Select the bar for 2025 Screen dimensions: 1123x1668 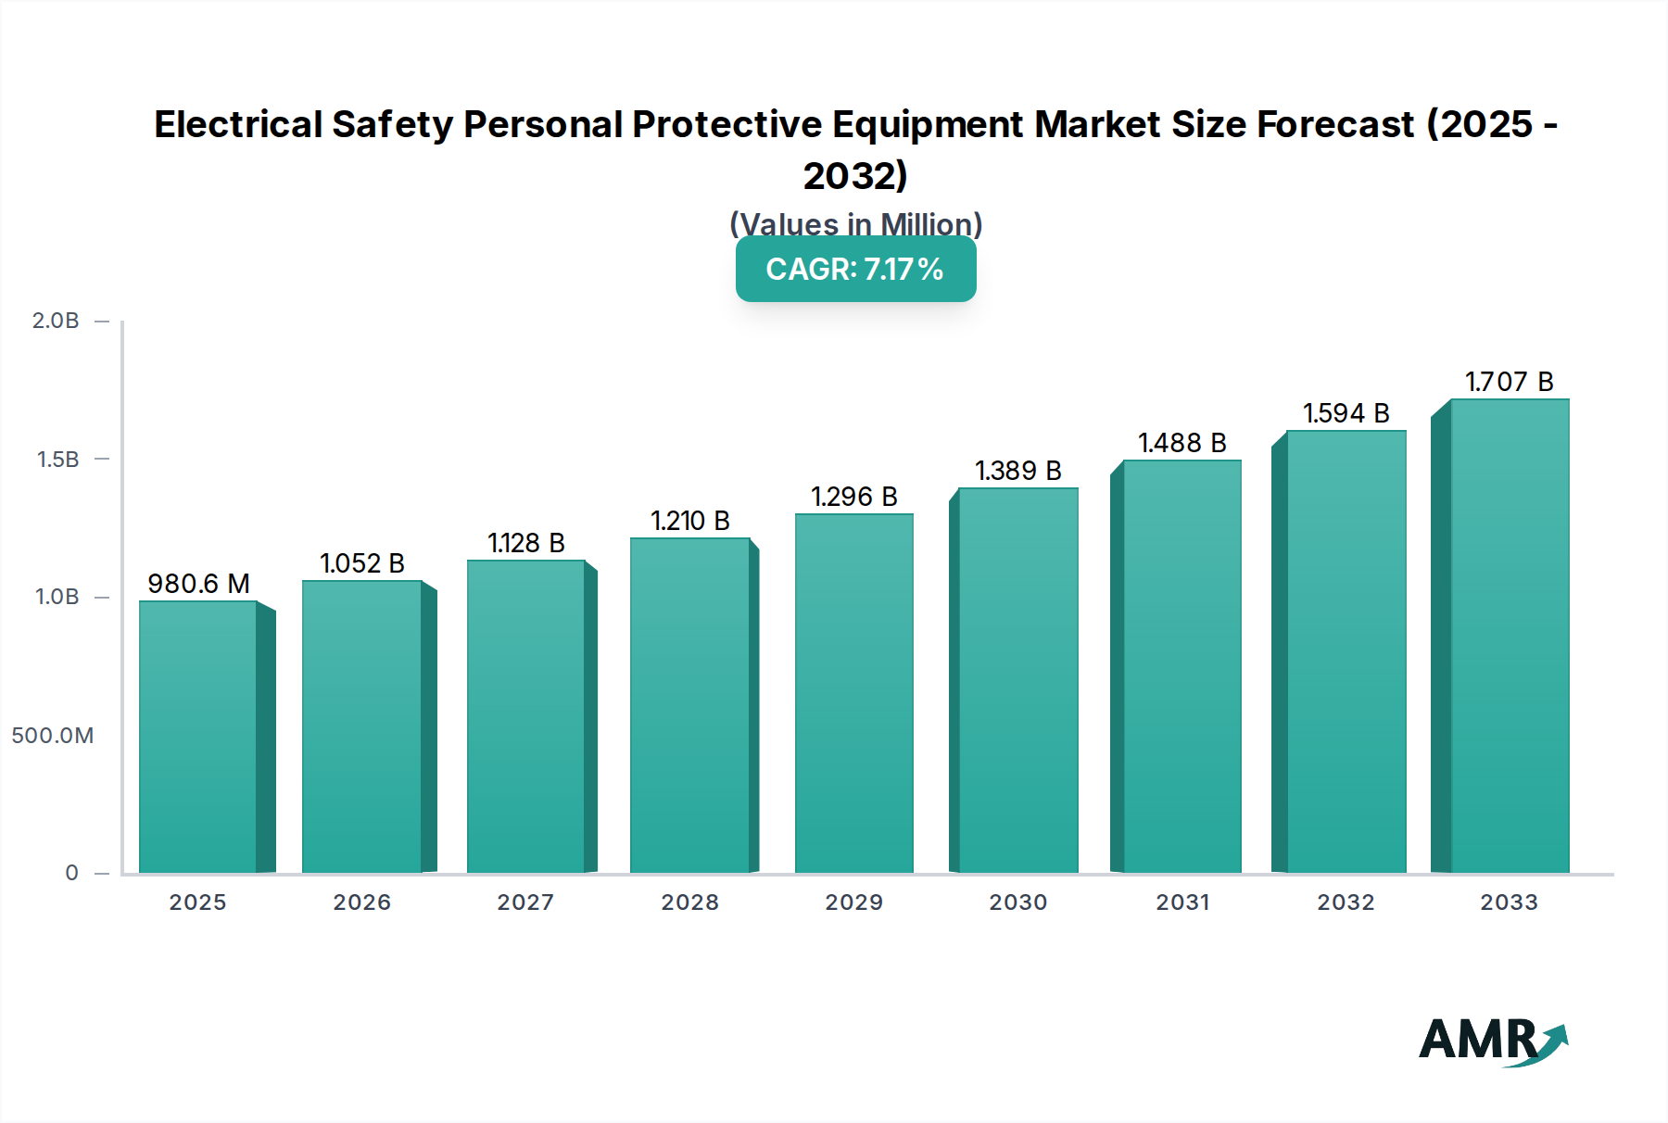coord(197,737)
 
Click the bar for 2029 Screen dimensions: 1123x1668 coord(853,693)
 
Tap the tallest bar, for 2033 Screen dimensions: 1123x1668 coord(1509,636)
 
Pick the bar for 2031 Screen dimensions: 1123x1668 coord(1181,666)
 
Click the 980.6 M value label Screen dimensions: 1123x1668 coord(198,584)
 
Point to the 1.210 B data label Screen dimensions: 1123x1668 coord(689,521)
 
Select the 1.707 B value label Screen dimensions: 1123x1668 coord(1509,382)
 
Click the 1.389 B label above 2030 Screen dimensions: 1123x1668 coord(1017,471)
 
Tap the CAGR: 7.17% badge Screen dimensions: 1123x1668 coord(855,269)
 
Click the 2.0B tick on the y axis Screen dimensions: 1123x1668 coord(56,321)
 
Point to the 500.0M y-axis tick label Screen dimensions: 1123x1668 coord(53,736)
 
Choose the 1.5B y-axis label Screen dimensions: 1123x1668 coord(57,460)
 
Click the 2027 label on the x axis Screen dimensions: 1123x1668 coord(525,902)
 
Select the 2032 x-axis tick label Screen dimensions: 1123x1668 coord(1346,902)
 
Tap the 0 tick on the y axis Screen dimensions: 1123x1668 coord(71,873)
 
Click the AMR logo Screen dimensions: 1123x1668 coord(1492,1041)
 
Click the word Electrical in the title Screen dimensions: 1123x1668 coord(238,124)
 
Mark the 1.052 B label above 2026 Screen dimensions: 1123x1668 coord(361,563)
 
